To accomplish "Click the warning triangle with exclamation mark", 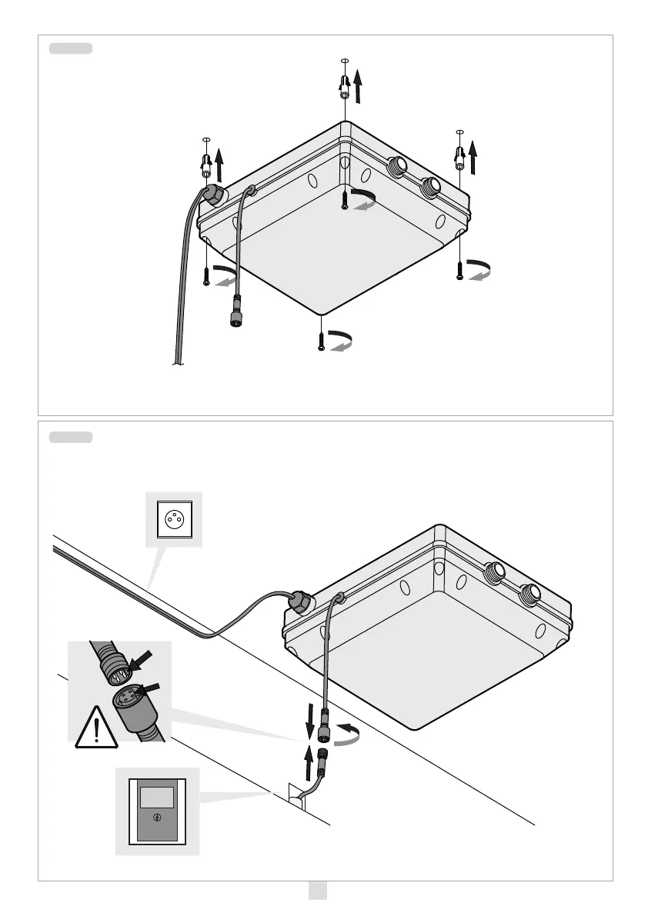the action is click(95, 728).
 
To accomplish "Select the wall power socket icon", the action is click(173, 520).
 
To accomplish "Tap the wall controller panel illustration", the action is click(157, 811).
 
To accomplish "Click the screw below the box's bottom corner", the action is click(321, 338).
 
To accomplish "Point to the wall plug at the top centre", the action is click(345, 85).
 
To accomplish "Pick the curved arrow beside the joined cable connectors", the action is click(348, 733).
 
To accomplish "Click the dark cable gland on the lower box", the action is click(299, 603).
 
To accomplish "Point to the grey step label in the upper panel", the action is click(71, 48).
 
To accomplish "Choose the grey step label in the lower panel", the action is click(71, 438).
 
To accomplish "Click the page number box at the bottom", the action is click(317, 890).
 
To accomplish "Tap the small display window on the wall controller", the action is click(158, 795).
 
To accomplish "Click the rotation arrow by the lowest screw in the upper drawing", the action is click(339, 341).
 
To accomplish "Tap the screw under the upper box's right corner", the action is click(459, 269).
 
